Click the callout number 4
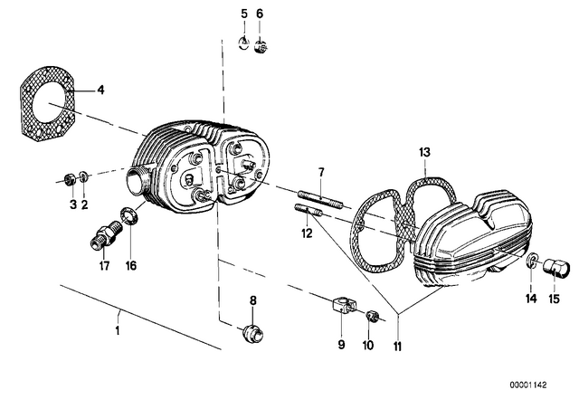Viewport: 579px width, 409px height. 100,90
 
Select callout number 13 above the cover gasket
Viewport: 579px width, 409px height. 424,152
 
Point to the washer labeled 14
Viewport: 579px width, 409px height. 531,260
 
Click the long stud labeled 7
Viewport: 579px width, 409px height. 321,199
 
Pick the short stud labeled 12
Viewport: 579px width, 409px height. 308,210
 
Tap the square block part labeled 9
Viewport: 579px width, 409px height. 344,305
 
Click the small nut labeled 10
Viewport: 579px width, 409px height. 372,317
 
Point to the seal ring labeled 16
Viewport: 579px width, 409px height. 129,216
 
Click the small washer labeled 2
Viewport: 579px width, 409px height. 84,176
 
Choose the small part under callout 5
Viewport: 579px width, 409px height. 242,44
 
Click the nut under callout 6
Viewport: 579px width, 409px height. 261,47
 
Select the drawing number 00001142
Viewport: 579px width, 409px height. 528,385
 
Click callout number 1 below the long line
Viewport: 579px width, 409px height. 118,330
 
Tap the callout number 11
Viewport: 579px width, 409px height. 397,347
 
